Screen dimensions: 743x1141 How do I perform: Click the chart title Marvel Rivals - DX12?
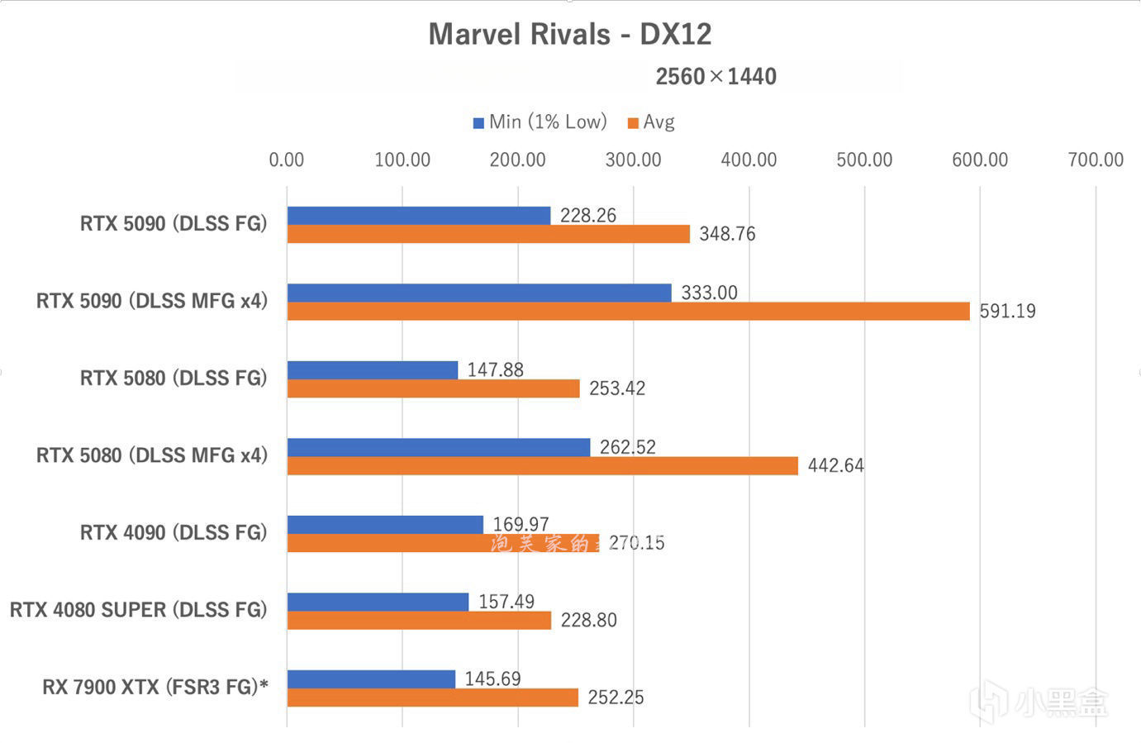569,35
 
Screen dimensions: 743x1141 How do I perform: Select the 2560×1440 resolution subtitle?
716,77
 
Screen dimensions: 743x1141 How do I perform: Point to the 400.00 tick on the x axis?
749,160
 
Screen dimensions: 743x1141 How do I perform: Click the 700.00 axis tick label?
1095,160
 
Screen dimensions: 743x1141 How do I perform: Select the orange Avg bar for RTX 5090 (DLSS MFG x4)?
628,311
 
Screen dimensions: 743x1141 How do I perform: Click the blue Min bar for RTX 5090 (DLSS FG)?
419,215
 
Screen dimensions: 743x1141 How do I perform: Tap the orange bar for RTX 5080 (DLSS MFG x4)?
543,465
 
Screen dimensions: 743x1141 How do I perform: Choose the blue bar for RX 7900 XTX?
371,679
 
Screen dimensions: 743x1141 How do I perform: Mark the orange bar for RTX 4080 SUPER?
419,620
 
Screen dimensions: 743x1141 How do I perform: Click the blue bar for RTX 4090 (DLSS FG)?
385,524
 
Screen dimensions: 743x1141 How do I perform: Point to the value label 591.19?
1007,312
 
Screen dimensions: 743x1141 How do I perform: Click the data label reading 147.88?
495,369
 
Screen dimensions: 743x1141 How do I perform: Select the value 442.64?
835,466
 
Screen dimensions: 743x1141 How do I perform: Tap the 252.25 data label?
616,698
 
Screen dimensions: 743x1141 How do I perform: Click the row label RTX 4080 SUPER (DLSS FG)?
139,610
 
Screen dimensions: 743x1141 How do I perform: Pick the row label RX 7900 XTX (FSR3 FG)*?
155,687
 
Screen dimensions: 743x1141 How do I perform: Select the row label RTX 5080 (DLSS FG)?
174,378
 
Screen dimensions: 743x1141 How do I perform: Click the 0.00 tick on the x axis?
287,160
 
